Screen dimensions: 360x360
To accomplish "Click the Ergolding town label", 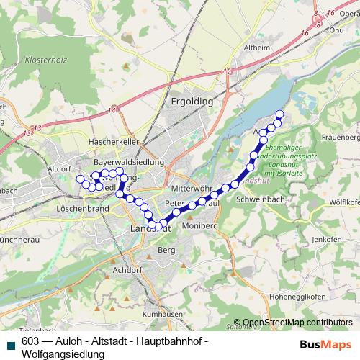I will (x=192, y=102).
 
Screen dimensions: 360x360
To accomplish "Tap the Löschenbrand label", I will (x=81, y=208).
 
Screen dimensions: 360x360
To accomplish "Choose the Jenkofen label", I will (x=327, y=238).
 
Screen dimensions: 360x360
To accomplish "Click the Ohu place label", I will (x=336, y=30).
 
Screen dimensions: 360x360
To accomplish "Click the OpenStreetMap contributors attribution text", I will (x=297, y=323).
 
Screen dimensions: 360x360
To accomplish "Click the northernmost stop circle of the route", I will (x=279, y=114).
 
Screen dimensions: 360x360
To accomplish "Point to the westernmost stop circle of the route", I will (x=79, y=179).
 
